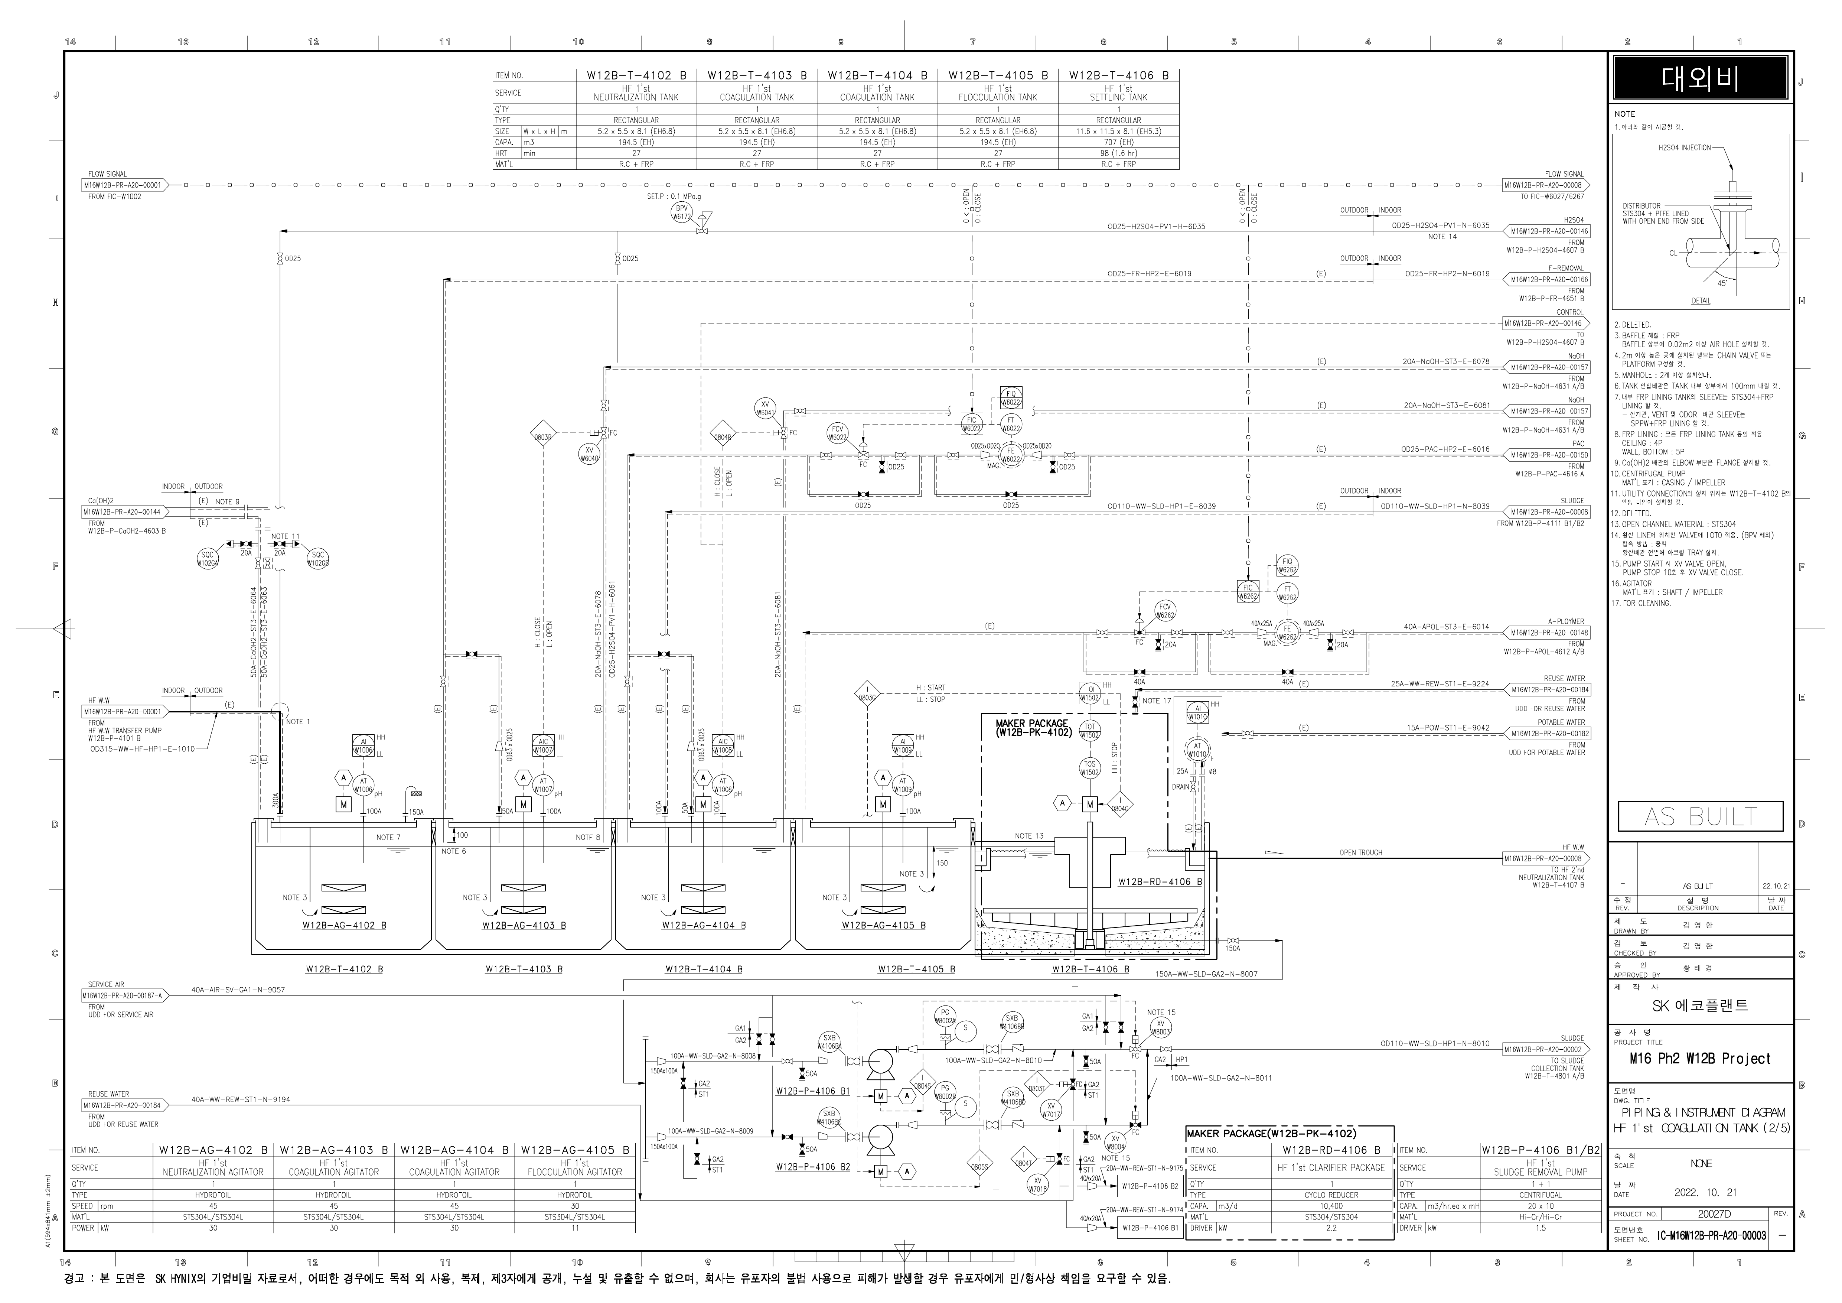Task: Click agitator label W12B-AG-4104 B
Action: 704,925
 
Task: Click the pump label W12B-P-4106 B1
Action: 813,1091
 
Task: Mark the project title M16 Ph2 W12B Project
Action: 1699,1059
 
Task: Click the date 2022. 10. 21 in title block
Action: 1701,1193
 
